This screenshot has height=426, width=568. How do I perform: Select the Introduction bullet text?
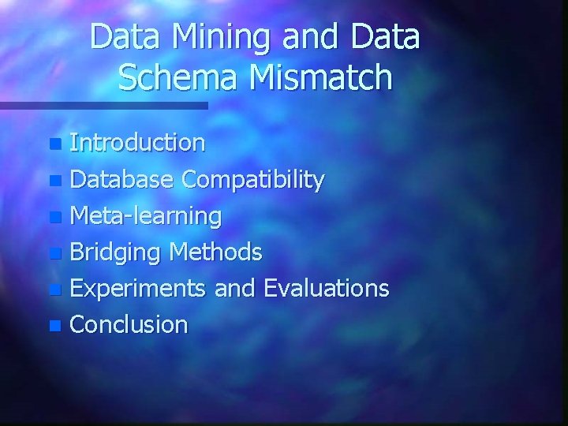[138, 143]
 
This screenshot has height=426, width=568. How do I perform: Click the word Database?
[122, 180]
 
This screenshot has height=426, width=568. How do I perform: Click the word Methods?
[215, 252]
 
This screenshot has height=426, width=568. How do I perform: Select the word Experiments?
[139, 289]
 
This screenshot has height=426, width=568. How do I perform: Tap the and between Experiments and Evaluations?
[235, 289]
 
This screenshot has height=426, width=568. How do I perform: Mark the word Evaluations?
[327, 289]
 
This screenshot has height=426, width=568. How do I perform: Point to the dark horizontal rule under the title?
[103, 105]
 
